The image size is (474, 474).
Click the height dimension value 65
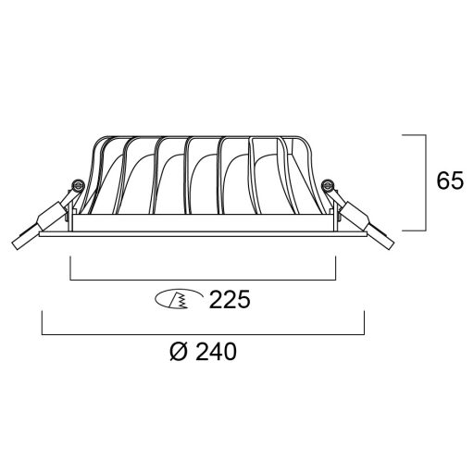pos(450,181)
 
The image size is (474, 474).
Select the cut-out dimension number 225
pos(231,300)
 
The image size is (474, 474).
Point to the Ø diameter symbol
pos(181,352)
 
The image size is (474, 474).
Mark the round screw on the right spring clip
pos(327,187)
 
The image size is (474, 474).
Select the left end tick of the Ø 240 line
pos(42,322)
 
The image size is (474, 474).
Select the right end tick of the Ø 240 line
pos(364,322)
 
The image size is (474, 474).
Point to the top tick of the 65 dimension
pos(416,135)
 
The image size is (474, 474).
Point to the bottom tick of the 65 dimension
pos(416,230)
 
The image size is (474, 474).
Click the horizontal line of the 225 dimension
pos(203,279)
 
